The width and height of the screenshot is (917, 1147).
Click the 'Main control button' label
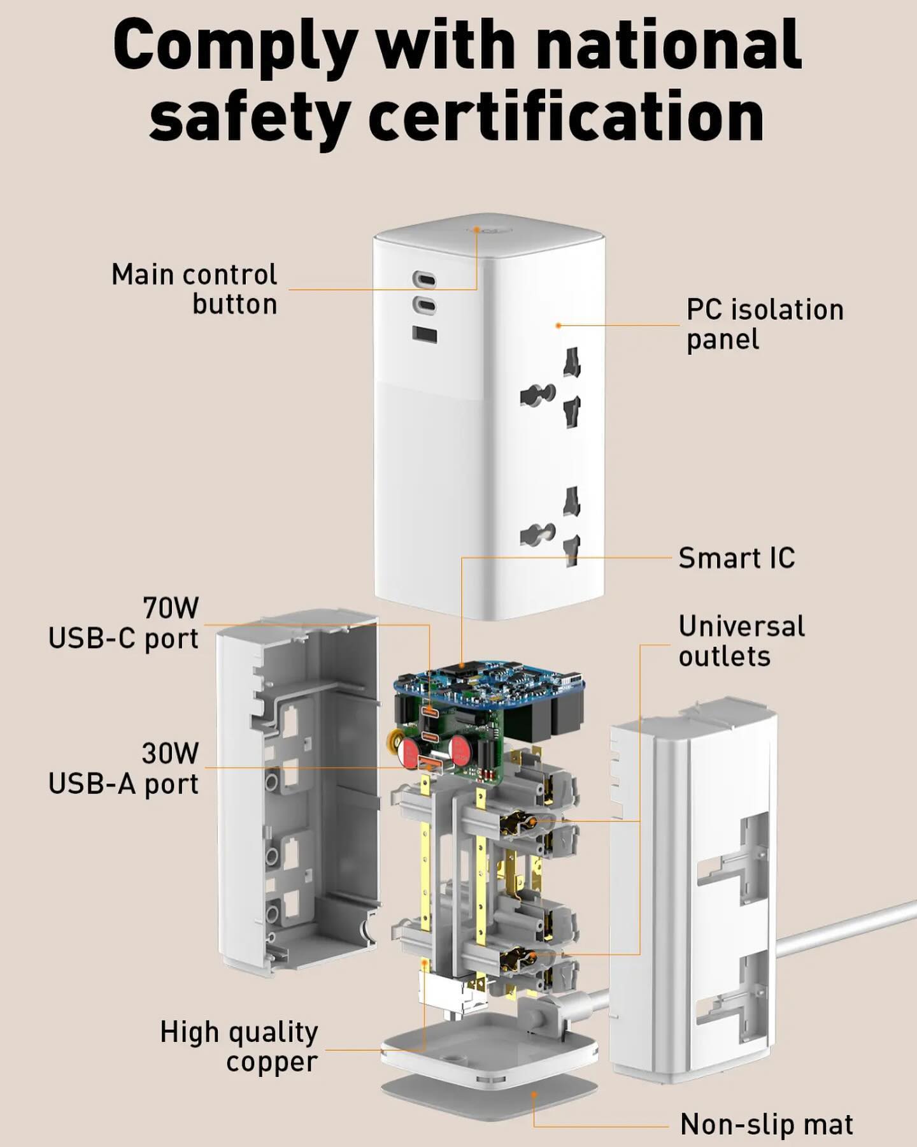click(x=194, y=289)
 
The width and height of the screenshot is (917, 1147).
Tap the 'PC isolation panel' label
click(x=765, y=324)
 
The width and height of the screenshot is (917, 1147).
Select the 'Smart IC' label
click(x=737, y=558)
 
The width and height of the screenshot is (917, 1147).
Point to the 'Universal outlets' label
click(x=742, y=641)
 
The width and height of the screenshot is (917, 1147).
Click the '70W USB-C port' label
click(x=124, y=623)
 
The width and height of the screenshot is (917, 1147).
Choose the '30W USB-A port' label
click(x=124, y=768)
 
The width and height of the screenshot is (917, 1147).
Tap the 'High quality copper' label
click(x=239, y=1047)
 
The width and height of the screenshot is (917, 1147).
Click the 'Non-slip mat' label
click(x=767, y=1125)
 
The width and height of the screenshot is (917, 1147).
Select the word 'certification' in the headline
click(x=566, y=117)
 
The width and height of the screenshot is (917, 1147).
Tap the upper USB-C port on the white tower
click(x=423, y=279)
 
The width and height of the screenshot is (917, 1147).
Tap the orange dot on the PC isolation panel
click(x=558, y=326)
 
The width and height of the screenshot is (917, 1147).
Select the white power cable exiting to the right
click(x=848, y=931)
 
